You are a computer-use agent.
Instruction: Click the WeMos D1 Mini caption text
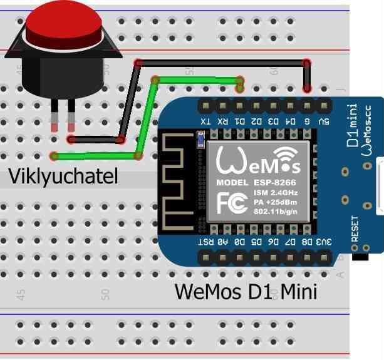tap(246, 291)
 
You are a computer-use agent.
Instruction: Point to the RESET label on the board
tap(355, 229)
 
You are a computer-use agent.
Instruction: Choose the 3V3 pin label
tap(323, 240)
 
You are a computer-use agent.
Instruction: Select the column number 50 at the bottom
tap(105, 293)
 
